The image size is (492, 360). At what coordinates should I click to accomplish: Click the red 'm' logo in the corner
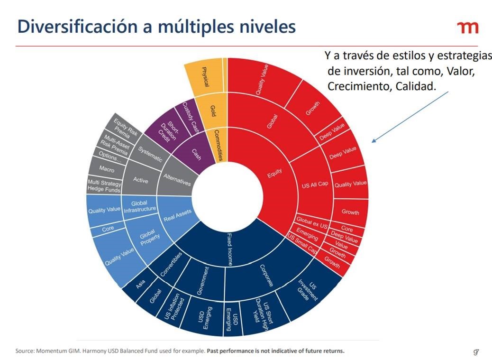(468, 28)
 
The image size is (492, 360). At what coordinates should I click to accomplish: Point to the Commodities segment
(218, 145)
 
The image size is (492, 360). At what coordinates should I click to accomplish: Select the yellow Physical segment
(205, 77)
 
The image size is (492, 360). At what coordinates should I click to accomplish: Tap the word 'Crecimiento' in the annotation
(355, 86)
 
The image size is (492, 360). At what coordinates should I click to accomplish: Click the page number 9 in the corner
(475, 351)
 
